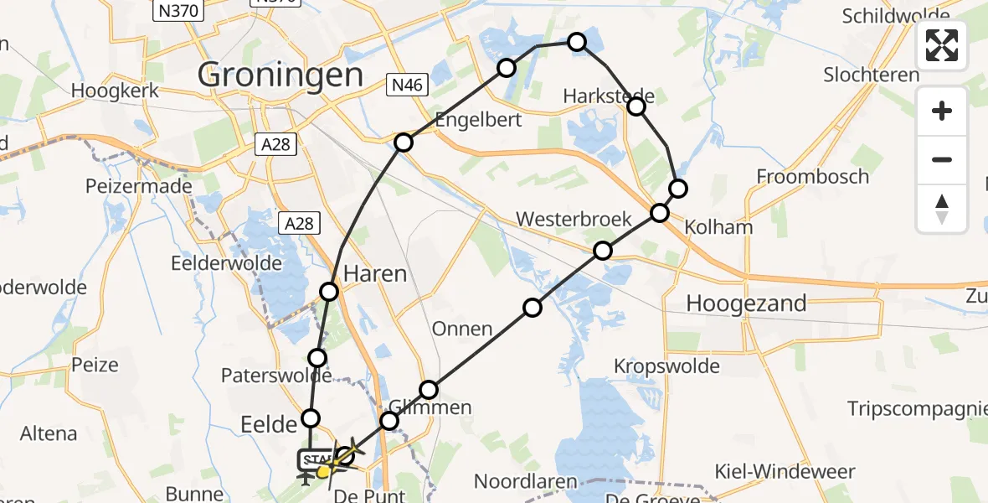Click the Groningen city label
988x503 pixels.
click(280, 75)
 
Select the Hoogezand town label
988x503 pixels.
click(746, 303)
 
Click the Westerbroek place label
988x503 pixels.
click(574, 220)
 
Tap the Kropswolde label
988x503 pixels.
click(666, 366)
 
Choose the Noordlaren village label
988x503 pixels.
click(525, 482)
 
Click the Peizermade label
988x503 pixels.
click(138, 185)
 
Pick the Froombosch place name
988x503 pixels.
click(812, 177)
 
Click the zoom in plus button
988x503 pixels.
click(942, 111)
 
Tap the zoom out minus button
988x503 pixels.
click(942, 159)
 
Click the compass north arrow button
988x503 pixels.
click(942, 207)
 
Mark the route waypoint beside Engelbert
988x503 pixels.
click(404, 143)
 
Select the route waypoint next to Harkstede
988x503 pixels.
click(636, 106)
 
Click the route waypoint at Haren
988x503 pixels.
click(329, 291)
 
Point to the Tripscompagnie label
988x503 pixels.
click(917, 408)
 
